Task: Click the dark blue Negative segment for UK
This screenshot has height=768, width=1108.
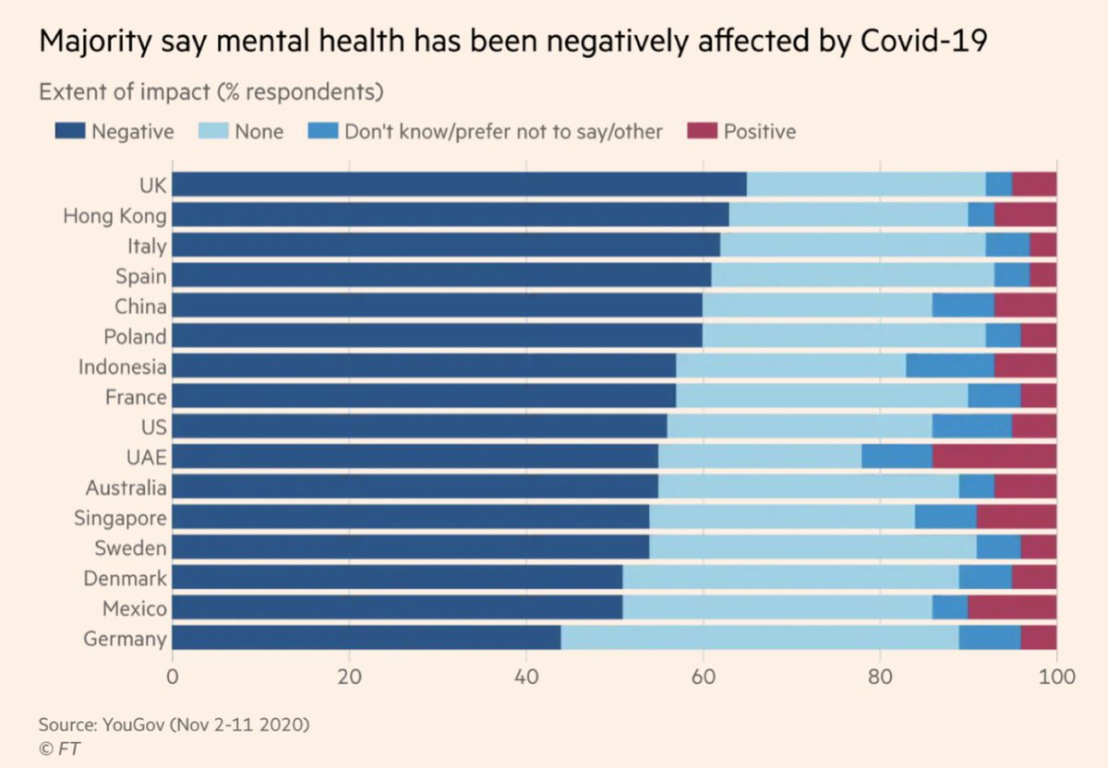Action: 459,185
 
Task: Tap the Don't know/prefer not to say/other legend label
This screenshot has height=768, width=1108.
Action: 503,132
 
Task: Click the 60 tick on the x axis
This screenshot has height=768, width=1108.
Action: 703,676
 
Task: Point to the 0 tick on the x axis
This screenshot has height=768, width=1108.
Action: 172,676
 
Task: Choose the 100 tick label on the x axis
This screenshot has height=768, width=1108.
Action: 1056,676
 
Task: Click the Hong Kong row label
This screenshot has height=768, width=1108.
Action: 114,216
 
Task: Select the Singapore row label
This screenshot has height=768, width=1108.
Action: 120,519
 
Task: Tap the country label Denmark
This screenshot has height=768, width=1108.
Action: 125,579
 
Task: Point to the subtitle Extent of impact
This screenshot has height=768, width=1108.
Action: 211,92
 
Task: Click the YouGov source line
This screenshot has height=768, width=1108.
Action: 174,725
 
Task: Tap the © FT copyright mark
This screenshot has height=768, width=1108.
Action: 58,748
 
